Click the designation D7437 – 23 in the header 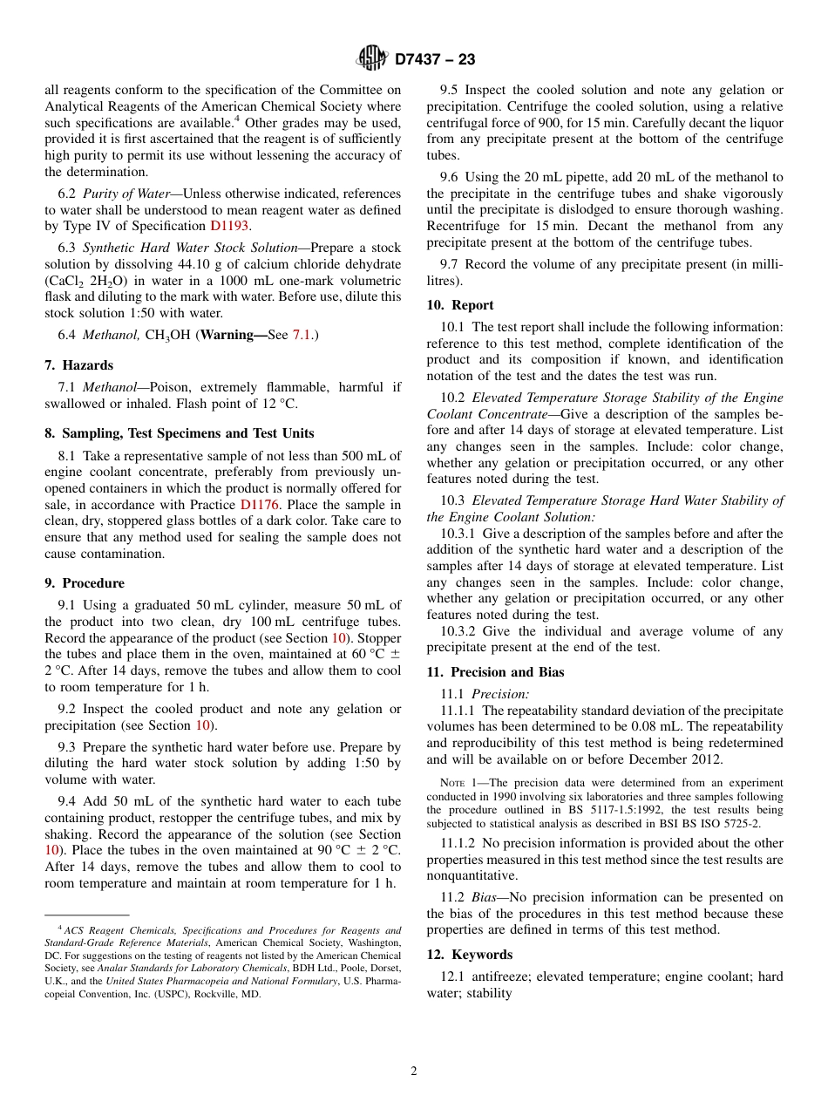(x=435, y=60)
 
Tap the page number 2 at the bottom (x=414, y=1072)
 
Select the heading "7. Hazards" (x=79, y=365)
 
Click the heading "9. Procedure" (x=85, y=583)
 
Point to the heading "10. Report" (x=460, y=305)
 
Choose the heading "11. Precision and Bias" (x=495, y=672)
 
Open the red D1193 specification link (x=230, y=226)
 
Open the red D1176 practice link (x=259, y=505)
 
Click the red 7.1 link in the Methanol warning (x=301, y=335)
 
